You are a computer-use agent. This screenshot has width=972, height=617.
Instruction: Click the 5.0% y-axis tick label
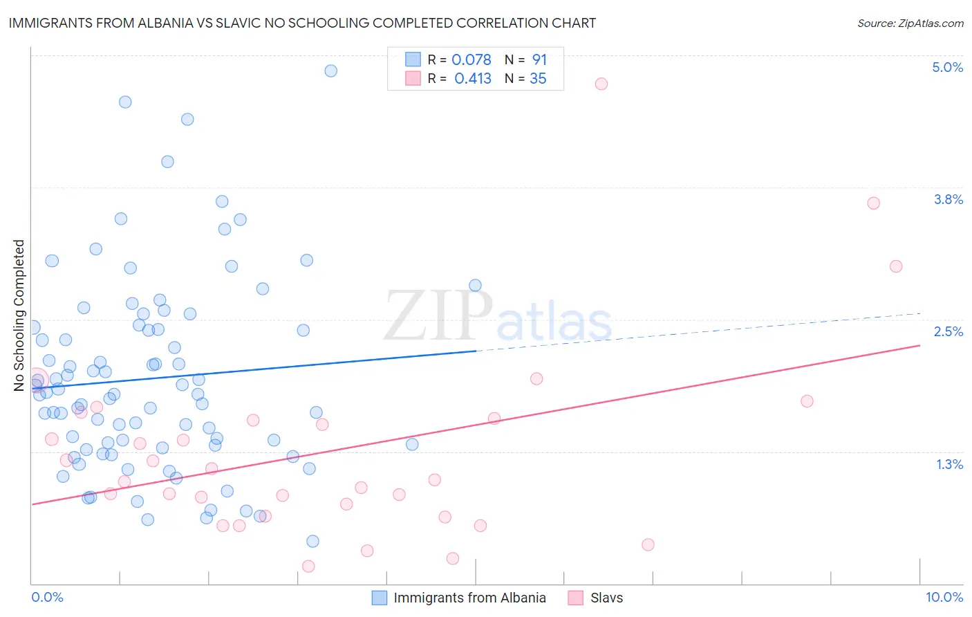click(947, 67)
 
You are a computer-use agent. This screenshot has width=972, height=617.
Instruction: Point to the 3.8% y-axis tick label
click(948, 199)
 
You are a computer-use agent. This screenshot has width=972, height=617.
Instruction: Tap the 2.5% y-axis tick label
click(948, 331)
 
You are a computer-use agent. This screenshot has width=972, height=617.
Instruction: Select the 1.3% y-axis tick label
click(949, 464)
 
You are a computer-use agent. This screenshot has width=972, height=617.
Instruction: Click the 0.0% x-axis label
click(47, 597)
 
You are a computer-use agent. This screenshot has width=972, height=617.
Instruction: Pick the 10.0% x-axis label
click(944, 597)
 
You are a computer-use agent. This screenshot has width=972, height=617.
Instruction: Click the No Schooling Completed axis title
click(19, 315)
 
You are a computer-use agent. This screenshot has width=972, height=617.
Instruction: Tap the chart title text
click(302, 23)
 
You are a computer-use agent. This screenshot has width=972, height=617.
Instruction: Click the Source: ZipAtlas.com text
click(910, 23)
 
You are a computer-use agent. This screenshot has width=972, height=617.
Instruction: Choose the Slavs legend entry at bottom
click(606, 598)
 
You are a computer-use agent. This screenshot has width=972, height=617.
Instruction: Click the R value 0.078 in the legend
click(471, 60)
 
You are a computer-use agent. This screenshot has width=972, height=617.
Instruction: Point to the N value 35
click(538, 79)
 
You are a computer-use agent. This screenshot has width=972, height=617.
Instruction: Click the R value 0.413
click(472, 79)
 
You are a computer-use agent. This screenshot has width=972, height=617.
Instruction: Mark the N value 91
click(539, 60)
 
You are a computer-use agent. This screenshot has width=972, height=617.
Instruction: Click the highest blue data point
click(330, 71)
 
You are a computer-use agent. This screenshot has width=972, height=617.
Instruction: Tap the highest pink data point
click(601, 84)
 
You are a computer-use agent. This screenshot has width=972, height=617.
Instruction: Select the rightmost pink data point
click(895, 266)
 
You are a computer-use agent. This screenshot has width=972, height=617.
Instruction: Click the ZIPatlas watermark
click(498, 317)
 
